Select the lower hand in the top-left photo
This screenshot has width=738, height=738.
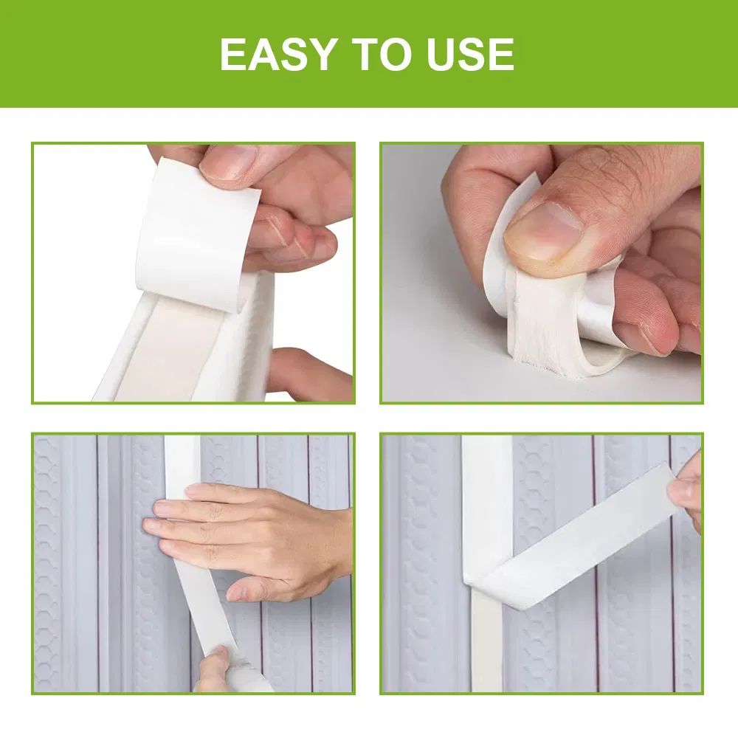(x=306, y=376)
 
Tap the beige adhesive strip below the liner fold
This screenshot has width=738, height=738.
(x=486, y=642)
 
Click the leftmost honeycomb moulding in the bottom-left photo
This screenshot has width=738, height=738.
(x=47, y=561)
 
